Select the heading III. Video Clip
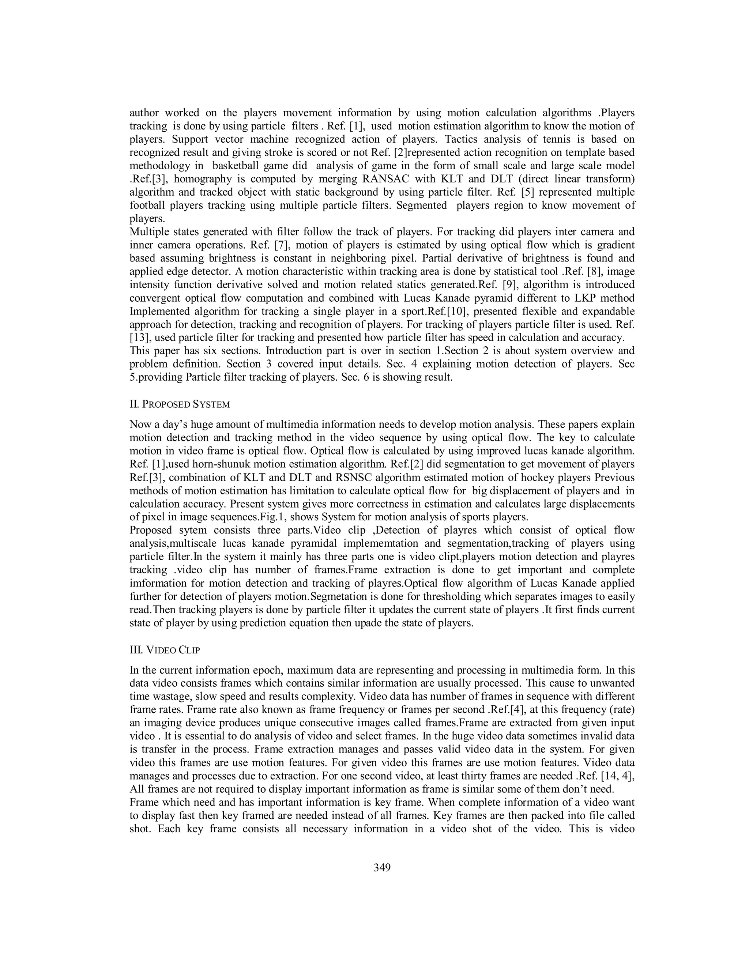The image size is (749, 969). click(x=165, y=650)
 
